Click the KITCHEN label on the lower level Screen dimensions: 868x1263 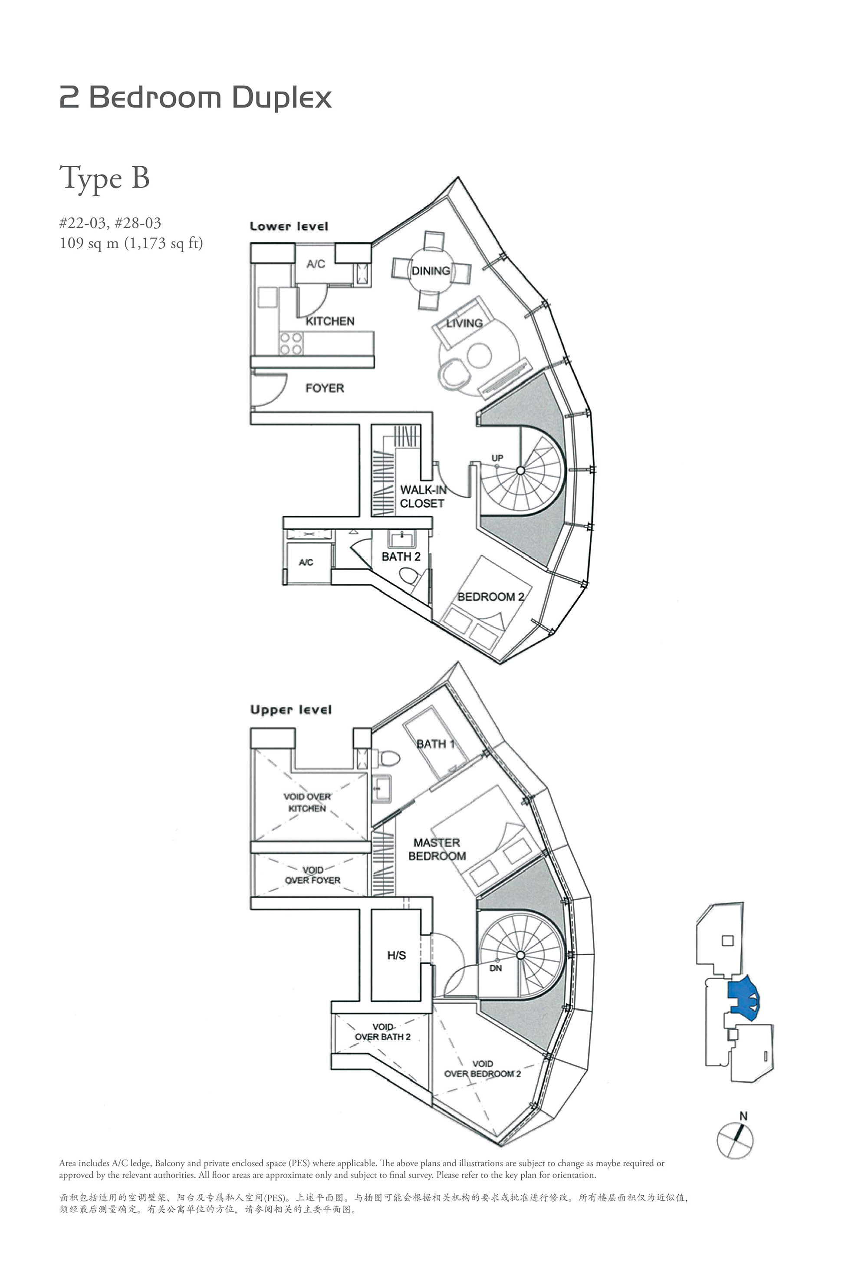tap(329, 321)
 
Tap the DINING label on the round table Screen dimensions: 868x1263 tap(431, 271)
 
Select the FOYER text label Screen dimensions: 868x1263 tap(325, 388)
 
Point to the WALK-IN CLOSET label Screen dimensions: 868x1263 tap(423, 496)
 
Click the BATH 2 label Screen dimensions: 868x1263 tap(401, 557)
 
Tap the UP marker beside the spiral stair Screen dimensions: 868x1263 tap(497, 458)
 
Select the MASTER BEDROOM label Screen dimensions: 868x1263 tap(437, 849)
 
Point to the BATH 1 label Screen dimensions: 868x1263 tap(435, 744)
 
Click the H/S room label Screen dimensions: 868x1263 tap(397, 955)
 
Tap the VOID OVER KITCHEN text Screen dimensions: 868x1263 tap(307, 802)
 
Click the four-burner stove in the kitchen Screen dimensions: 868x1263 tap(291, 344)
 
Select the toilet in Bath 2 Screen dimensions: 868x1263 tap(408, 575)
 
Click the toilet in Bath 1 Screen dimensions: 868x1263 tap(388, 758)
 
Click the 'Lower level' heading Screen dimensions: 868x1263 tap(289, 226)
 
